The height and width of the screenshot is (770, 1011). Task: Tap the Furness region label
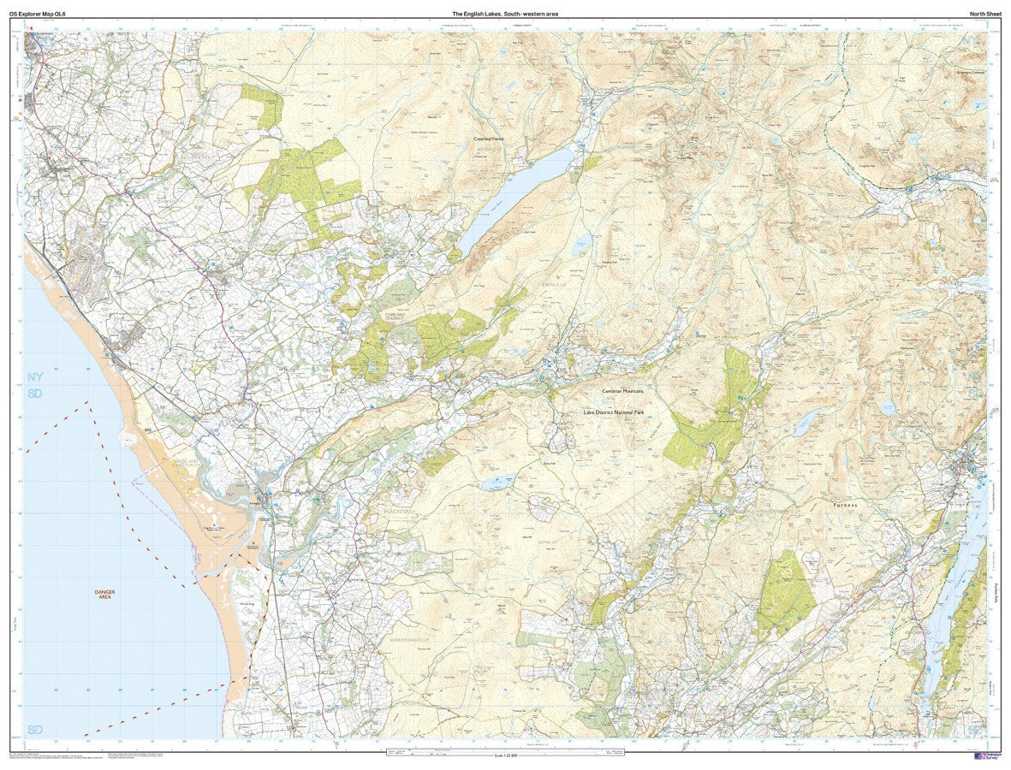pos(843,505)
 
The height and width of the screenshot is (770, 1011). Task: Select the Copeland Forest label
pos(489,139)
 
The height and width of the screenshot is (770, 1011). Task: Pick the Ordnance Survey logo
pos(986,757)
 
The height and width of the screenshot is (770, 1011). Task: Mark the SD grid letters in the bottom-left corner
pos(34,729)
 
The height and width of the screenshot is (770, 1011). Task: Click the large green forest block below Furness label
pos(786,595)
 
